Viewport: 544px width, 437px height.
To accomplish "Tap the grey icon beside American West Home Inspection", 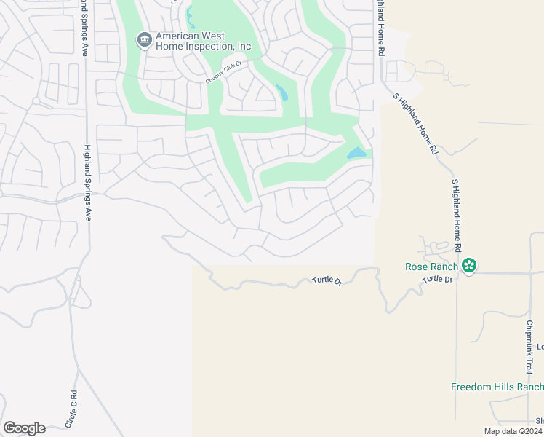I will coord(144,39).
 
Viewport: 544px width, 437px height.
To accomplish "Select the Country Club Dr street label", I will coord(228,70).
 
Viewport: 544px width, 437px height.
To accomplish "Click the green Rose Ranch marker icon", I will coord(470,266).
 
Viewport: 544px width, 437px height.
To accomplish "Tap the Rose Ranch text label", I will coord(433,267).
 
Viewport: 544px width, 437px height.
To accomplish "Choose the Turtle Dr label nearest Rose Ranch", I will coord(437,279).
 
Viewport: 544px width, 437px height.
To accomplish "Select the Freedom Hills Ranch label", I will coord(497,387).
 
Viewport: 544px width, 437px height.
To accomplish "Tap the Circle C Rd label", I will coord(71,409).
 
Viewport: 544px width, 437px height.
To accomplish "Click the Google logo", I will coord(24,428).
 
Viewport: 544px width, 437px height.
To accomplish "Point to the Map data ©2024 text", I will coord(513,431).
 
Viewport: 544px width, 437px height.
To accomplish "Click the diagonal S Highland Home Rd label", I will coord(415,123).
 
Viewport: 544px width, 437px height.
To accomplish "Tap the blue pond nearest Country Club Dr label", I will coord(281,92).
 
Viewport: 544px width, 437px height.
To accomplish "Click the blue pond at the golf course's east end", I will coord(356,154).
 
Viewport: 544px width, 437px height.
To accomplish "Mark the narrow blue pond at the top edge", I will coord(190,15).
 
